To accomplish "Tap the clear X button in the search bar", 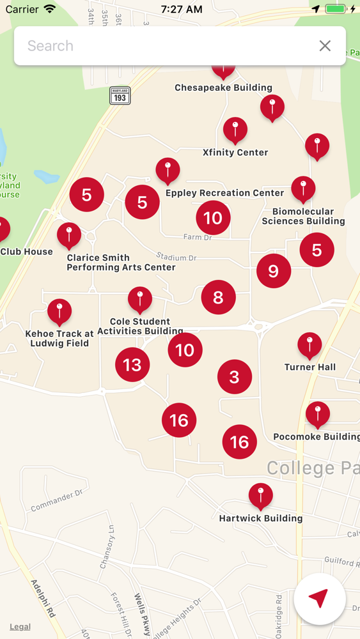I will click(325, 46).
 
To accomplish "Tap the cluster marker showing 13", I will click(132, 365).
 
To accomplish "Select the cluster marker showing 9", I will click(274, 272).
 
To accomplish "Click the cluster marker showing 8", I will click(219, 297).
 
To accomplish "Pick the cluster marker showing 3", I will click(235, 377).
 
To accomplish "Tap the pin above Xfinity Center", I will click(235, 130).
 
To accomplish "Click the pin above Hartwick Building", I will click(261, 496).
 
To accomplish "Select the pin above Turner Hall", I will click(310, 345).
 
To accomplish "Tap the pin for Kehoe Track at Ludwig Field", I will click(59, 312).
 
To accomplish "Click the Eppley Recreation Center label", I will click(224, 193).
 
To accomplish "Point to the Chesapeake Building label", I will click(223, 88).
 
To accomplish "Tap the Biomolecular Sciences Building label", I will click(303, 216).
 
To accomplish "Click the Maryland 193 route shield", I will click(120, 96).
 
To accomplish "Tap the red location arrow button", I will click(319, 599).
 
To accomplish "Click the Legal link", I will click(20, 626).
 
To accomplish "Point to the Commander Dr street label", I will click(57, 501).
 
